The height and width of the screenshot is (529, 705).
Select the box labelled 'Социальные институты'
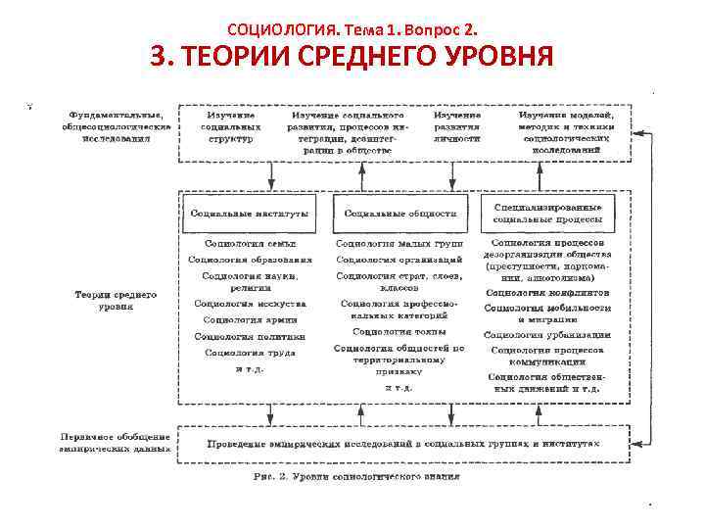[x=250, y=213]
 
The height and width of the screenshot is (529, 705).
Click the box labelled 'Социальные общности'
[x=400, y=213]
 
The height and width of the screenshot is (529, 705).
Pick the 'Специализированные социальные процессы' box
[x=549, y=212]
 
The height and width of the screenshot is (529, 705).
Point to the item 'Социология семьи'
[x=250, y=243]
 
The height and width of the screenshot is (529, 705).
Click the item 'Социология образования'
[x=250, y=260]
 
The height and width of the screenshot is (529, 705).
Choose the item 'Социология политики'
[x=250, y=336]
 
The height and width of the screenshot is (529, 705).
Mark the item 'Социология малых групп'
[x=399, y=243]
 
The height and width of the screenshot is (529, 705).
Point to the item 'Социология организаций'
[x=399, y=260]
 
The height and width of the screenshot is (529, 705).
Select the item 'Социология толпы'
[x=399, y=331]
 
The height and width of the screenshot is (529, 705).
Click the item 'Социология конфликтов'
[x=547, y=292]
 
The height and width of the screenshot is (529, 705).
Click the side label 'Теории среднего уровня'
[x=116, y=300]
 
